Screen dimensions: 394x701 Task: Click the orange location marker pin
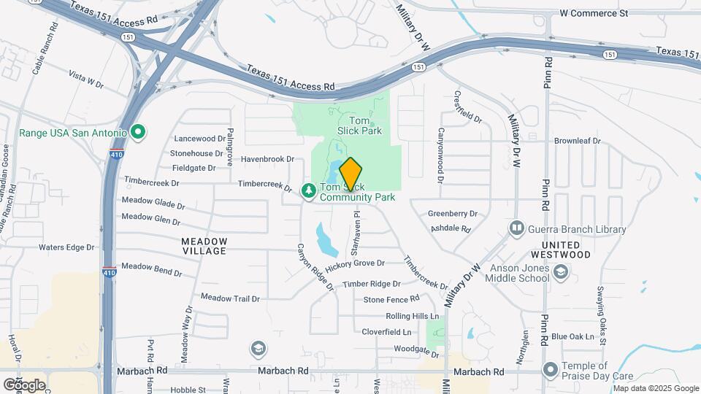tap(350, 174)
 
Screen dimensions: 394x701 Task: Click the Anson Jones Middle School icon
tap(561, 273)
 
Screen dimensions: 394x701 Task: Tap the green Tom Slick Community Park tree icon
tap(309, 191)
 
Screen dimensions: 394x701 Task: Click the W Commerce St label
tap(594, 13)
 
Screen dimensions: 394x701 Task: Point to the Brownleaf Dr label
tap(577, 141)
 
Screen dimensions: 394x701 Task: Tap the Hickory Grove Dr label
tap(364, 263)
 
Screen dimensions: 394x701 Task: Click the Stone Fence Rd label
tap(391, 299)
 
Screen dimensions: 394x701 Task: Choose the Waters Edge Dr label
tap(67, 247)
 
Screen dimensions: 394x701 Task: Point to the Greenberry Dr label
tap(452, 214)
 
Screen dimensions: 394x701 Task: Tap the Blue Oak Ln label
tap(572, 336)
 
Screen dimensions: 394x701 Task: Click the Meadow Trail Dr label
tap(230, 298)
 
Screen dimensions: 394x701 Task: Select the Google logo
tap(24, 385)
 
